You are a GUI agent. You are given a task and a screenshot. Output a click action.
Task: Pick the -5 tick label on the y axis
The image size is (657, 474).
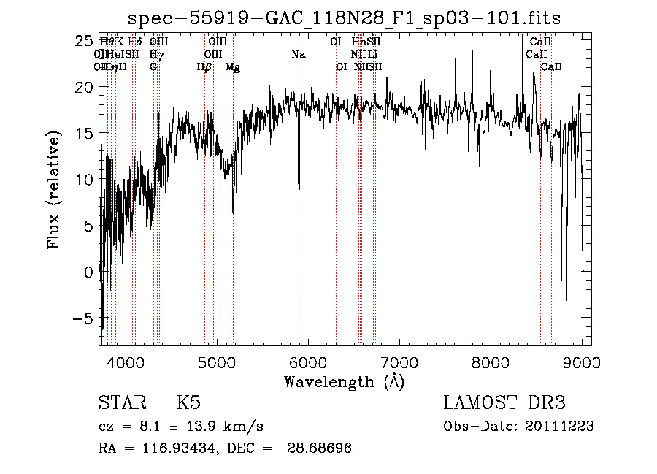[x=82, y=318]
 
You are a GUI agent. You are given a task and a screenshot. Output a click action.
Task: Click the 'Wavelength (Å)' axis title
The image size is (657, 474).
[x=344, y=381]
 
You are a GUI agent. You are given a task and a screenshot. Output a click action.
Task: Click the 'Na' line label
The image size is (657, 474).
[x=299, y=55]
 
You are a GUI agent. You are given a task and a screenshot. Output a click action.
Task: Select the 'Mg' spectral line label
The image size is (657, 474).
[x=233, y=67]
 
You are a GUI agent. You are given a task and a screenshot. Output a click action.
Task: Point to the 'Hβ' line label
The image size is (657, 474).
[x=204, y=67]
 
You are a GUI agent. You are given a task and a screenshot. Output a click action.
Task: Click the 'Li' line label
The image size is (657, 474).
[x=373, y=55]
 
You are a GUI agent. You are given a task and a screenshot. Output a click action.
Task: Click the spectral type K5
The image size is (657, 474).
[x=188, y=403]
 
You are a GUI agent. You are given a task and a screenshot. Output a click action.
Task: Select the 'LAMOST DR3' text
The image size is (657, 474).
[x=504, y=403]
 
